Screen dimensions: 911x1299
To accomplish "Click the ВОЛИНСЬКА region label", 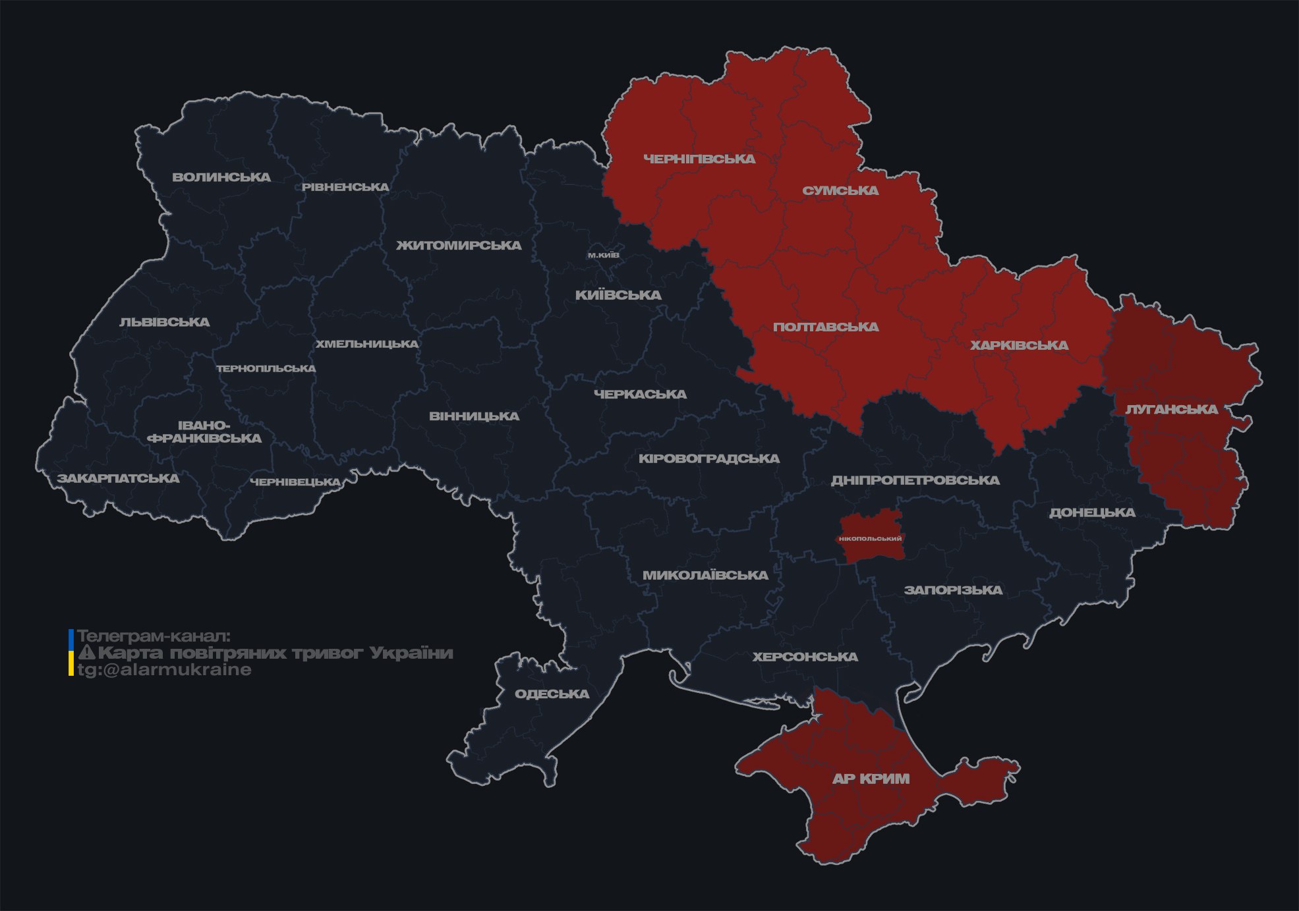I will [221, 177].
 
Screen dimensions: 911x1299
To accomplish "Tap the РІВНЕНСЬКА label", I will [345, 187].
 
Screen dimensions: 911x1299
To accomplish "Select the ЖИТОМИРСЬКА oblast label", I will [459, 246].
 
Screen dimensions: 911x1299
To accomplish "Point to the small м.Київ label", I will [604, 255].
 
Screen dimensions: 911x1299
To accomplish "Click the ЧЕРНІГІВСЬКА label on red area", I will [699, 159].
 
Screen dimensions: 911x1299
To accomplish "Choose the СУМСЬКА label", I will [840, 191].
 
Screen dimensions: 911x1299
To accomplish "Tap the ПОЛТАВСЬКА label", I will [826, 327].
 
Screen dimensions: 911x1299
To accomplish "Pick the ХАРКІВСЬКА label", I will [1019, 346].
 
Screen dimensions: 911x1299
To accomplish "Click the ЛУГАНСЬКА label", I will [1171, 410].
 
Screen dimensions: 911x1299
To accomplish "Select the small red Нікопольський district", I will [870, 538].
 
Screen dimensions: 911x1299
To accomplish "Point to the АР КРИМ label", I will [871, 779].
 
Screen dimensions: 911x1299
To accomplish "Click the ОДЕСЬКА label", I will [552, 694].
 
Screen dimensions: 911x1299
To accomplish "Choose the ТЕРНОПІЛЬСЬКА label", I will [266, 369].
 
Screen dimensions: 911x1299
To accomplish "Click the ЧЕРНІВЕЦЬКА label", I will [295, 482].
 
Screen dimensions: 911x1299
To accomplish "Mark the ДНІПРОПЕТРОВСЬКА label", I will [915, 480].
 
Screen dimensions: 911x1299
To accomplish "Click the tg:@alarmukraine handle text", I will [164, 670].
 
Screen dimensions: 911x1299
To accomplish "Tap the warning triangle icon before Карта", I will [86, 653].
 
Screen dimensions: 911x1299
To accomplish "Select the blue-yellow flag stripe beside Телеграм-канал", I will [71, 653].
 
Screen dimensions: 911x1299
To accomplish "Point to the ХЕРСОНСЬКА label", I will [805, 657].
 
